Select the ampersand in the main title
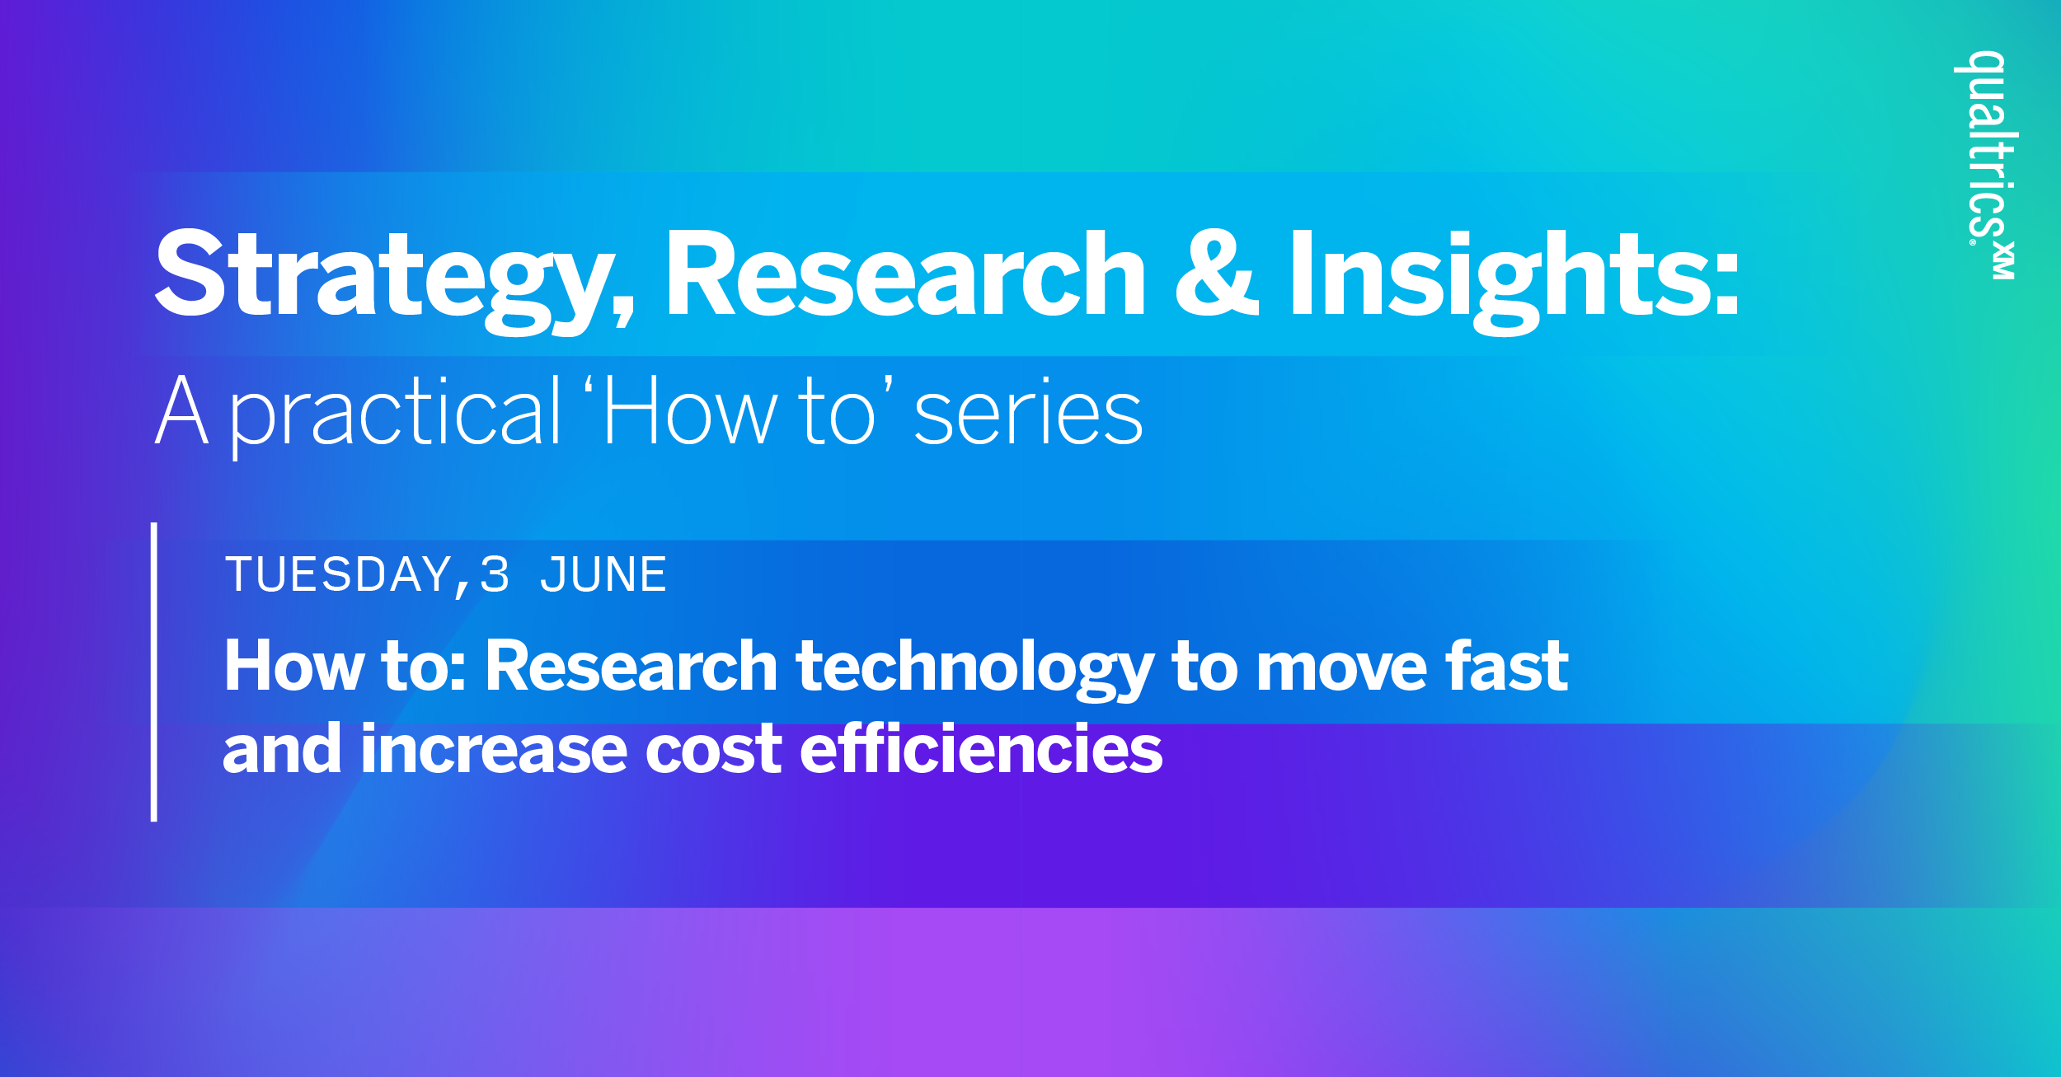pyautogui.click(x=1218, y=274)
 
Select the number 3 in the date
pyautogui.click(x=495, y=574)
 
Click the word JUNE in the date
pyautogui.click(x=603, y=574)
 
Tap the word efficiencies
pyautogui.click(x=981, y=749)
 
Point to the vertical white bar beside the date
pyautogui.click(x=154, y=672)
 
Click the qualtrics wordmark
pyautogui.click(x=1987, y=148)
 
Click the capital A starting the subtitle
pyautogui.click(x=181, y=410)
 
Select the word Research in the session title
pyautogui.click(x=631, y=666)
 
